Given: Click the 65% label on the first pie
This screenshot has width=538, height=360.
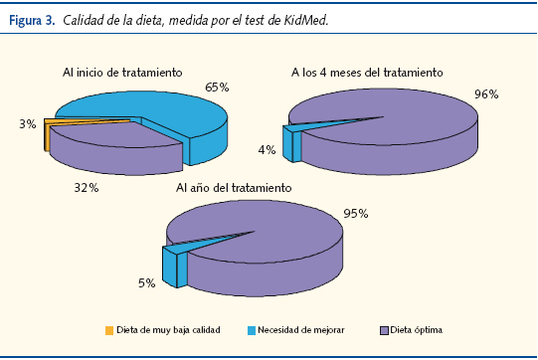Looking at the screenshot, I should (x=218, y=88).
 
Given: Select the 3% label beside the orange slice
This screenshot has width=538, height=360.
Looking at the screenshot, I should (x=27, y=124).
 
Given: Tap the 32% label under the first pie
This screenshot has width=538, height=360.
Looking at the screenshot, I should (x=86, y=185).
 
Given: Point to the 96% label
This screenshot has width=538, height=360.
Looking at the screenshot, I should (x=486, y=94).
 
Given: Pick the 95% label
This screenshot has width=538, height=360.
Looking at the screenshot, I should (x=357, y=213).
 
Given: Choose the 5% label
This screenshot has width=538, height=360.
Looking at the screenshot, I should (x=146, y=283).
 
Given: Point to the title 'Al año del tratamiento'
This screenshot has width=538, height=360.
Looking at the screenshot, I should (x=234, y=187).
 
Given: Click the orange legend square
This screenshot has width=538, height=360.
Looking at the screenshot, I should (x=108, y=329).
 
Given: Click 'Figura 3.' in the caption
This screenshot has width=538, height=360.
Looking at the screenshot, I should (x=31, y=20).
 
